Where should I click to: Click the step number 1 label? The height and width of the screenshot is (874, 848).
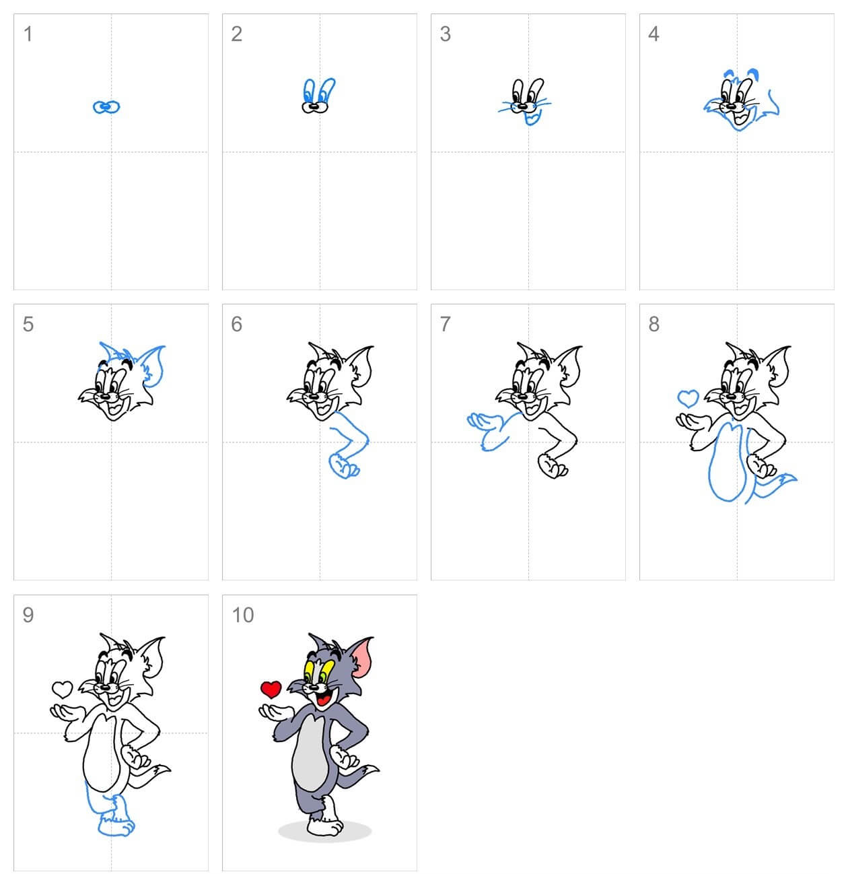(x=28, y=34)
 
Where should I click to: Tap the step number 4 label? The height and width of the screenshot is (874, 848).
(x=653, y=34)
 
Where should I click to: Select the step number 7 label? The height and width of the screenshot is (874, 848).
(x=445, y=324)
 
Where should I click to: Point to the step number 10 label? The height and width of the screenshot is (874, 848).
(x=242, y=615)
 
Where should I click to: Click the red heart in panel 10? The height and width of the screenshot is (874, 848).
(x=271, y=689)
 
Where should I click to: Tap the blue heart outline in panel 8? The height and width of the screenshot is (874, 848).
(x=688, y=398)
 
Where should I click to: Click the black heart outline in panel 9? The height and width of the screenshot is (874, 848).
(x=62, y=689)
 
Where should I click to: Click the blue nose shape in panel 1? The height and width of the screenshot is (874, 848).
(x=106, y=106)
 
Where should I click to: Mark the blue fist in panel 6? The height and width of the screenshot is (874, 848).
(x=343, y=466)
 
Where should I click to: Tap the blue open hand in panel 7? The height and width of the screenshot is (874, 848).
(x=483, y=422)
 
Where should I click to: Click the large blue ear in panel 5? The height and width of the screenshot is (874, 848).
(x=155, y=364)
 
